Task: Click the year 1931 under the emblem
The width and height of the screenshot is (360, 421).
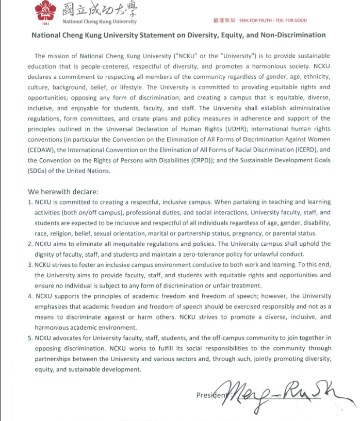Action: [x=46, y=23]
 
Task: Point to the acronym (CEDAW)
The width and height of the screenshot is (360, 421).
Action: [x=45, y=150]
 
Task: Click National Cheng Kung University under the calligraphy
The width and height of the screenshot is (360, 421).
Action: [x=100, y=22]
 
